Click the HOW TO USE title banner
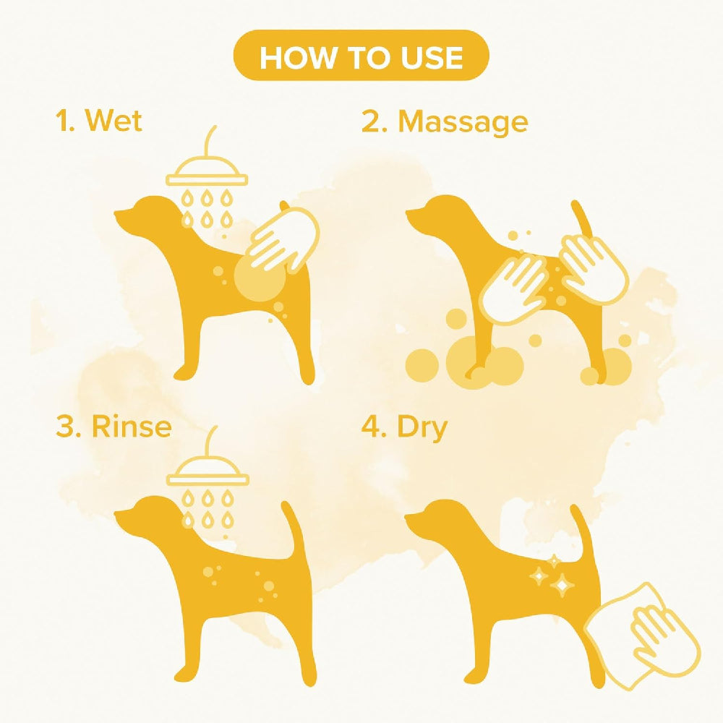point(361,56)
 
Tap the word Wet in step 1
point(114,121)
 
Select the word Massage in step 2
point(463,122)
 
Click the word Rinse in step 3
point(131,427)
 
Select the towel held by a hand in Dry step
point(643,636)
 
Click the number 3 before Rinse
point(65,427)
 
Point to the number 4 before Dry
point(371,427)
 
